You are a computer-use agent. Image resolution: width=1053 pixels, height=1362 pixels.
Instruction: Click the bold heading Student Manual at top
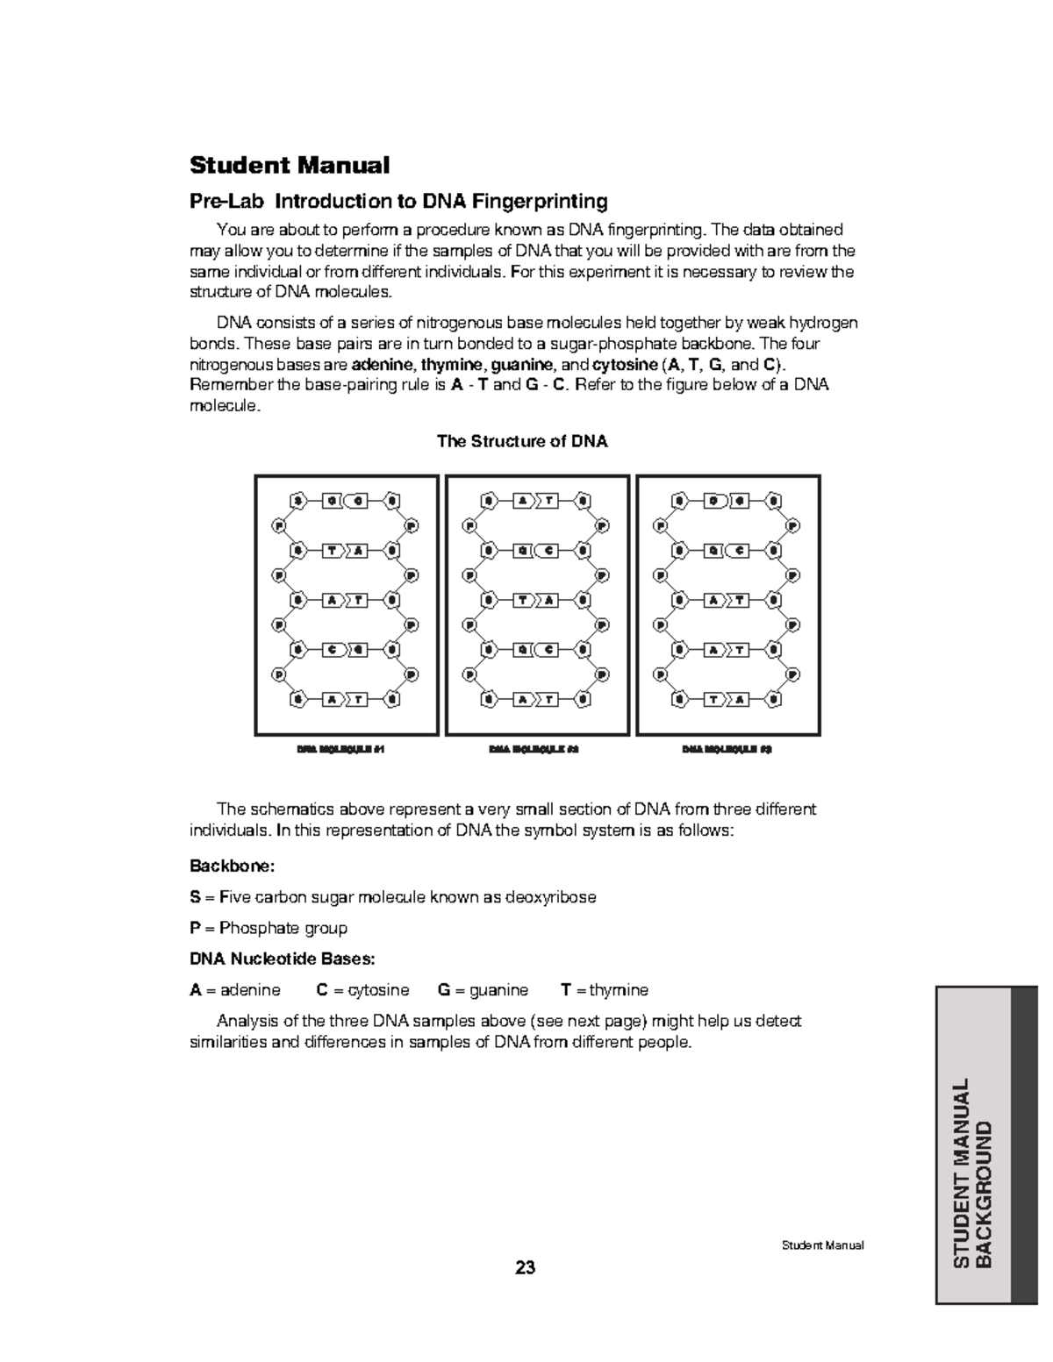click(290, 165)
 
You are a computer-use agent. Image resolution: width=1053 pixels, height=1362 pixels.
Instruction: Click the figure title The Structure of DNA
click(522, 441)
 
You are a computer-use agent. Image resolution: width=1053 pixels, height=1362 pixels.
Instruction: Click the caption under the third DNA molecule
click(727, 750)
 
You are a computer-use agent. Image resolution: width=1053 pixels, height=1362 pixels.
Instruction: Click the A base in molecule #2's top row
click(524, 501)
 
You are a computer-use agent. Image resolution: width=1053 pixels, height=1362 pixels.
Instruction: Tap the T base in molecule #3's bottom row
click(716, 700)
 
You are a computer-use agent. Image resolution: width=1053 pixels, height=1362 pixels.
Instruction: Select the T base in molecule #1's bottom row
click(358, 700)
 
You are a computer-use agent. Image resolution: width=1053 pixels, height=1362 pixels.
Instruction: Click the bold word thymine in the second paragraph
click(451, 365)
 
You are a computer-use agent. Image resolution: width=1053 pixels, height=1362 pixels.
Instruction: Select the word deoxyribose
click(552, 897)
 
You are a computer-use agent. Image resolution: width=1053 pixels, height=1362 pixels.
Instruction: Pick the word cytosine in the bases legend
click(378, 990)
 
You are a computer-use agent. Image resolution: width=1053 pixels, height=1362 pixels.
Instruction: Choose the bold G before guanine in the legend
click(443, 990)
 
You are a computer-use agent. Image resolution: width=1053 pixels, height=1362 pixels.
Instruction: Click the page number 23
click(526, 1268)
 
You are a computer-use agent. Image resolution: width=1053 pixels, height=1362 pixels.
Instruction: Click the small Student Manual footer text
click(822, 1245)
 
